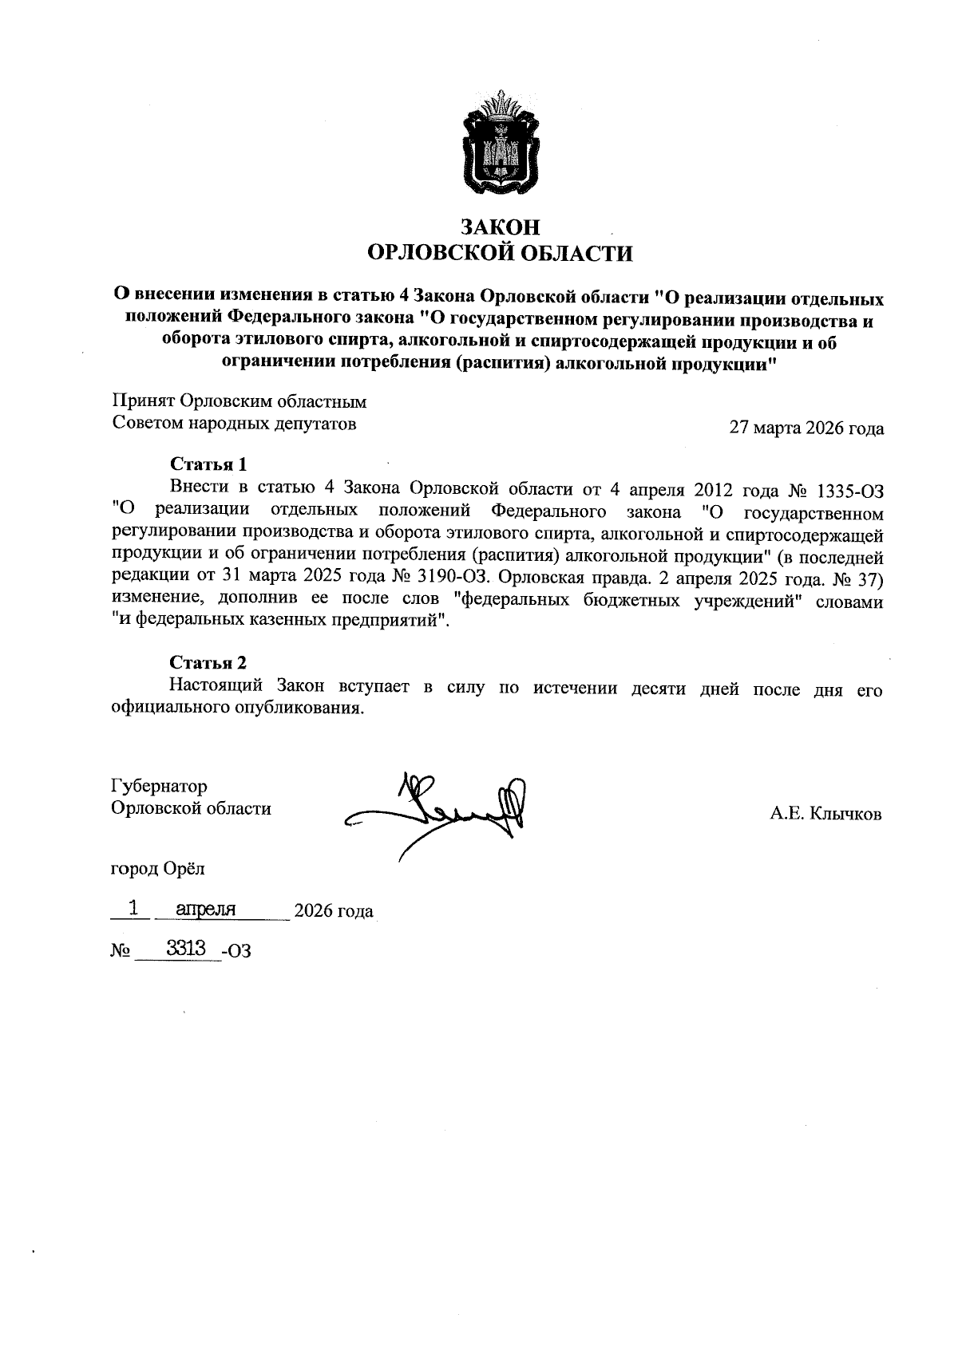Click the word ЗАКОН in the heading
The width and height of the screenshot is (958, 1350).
500,227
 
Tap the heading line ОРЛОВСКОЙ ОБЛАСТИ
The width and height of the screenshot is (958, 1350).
500,254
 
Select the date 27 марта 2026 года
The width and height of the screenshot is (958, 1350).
806,428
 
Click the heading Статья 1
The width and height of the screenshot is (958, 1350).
208,464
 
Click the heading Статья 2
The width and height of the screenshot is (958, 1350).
208,663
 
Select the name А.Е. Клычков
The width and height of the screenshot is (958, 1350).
825,814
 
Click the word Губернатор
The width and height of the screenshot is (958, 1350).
160,787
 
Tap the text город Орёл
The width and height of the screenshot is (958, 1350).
157,869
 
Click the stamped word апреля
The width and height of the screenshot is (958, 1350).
205,909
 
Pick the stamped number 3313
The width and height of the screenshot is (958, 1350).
186,948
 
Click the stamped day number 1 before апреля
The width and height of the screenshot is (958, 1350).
134,908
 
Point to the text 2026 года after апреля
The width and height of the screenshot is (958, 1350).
334,911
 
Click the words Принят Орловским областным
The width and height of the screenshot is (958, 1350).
239,403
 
